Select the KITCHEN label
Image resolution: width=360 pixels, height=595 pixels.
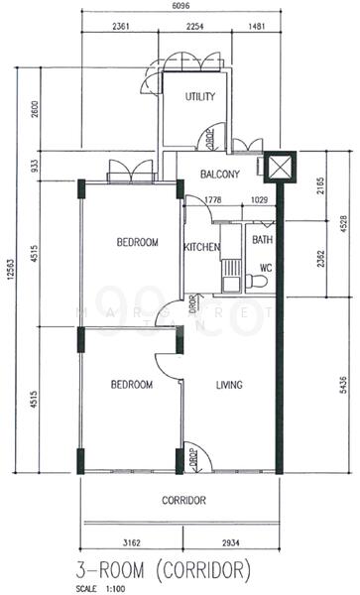(201, 248)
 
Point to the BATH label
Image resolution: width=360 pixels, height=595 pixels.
(262, 240)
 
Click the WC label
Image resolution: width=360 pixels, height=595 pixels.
(266, 268)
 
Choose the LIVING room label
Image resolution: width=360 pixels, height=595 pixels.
(229, 385)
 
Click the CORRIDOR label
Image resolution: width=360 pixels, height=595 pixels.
(183, 500)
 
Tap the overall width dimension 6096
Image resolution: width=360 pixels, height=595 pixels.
(180, 7)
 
